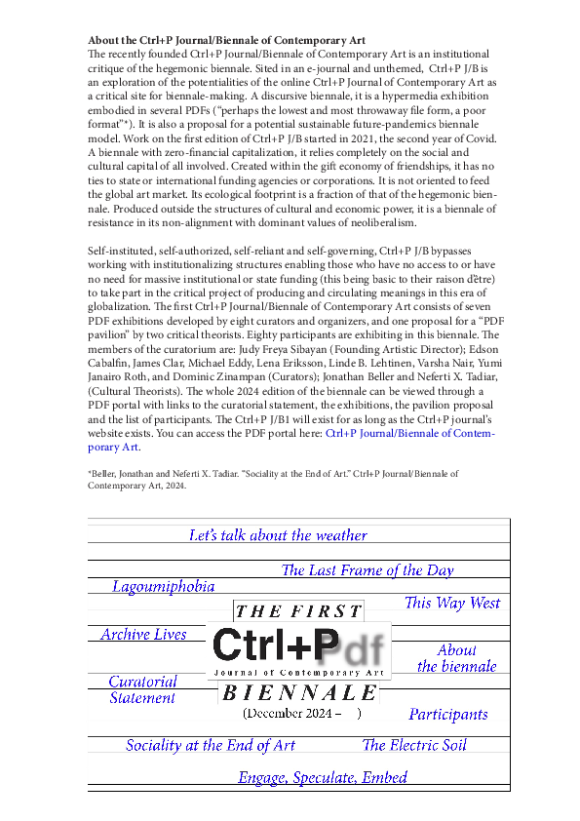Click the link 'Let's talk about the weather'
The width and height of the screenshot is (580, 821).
point(278,535)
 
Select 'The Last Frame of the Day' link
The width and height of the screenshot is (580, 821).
point(367,570)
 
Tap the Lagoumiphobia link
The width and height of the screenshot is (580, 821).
point(163,586)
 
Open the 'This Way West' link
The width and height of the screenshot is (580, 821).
point(451,603)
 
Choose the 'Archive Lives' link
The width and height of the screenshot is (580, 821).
point(143,634)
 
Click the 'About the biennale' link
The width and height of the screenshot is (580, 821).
point(456,658)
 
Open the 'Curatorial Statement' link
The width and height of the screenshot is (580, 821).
point(142,689)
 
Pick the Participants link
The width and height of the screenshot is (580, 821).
point(447,714)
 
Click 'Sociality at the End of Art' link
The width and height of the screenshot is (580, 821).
point(211,745)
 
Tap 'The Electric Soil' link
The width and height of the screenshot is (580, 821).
point(414,745)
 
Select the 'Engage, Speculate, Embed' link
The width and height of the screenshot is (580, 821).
point(323,777)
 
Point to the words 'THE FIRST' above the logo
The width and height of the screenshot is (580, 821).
point(298,612)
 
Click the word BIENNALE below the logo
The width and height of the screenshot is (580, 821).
point(299,693)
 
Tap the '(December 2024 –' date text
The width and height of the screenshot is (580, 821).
point(292,714)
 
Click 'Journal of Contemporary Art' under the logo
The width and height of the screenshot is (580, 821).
point(299,673)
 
